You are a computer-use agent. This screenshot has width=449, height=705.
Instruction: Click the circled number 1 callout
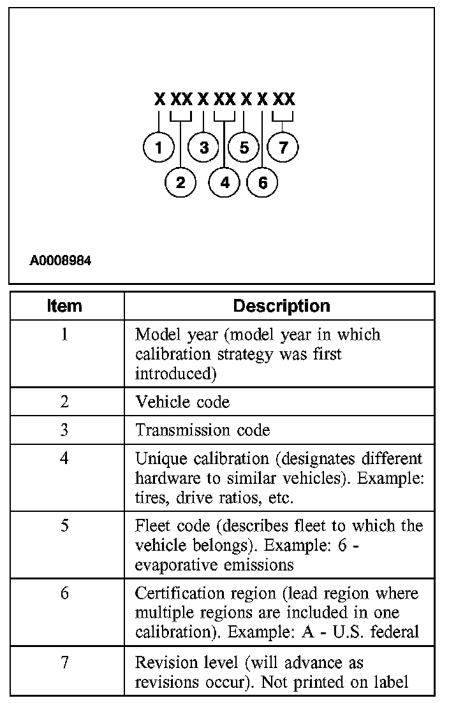(159, 148)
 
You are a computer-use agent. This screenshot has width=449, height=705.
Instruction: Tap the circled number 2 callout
(180, 183)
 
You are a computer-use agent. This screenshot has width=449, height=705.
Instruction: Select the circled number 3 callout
(203, 148)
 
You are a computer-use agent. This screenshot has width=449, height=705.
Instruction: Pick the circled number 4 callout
(224, 183)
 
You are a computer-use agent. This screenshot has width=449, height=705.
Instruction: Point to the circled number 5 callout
(244, 148)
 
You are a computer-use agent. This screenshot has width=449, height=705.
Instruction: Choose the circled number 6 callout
(263, 183)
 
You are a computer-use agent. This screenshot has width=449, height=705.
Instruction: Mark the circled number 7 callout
(283, 148)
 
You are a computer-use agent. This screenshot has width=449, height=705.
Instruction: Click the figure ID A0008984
(60, 261)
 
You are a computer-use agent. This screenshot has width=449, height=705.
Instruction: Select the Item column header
(65, 306)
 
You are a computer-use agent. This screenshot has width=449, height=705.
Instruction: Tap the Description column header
(281, 306)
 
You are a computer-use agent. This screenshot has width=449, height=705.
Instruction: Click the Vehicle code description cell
(182, 402)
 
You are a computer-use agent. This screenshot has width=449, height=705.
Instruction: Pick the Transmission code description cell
(202, 430)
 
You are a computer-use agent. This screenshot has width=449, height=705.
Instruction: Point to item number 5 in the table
(65, 526)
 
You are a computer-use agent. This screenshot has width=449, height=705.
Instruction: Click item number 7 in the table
(65, 662)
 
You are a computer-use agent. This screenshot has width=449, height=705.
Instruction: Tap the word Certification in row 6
(173, 593)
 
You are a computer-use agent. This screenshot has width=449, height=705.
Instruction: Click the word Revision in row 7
(160, 662)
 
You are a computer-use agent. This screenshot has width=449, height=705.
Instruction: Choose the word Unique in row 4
(158, 458)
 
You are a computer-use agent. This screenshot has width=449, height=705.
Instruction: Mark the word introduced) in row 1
(175, 374)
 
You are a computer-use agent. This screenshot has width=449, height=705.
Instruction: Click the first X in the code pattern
(159, 99)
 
